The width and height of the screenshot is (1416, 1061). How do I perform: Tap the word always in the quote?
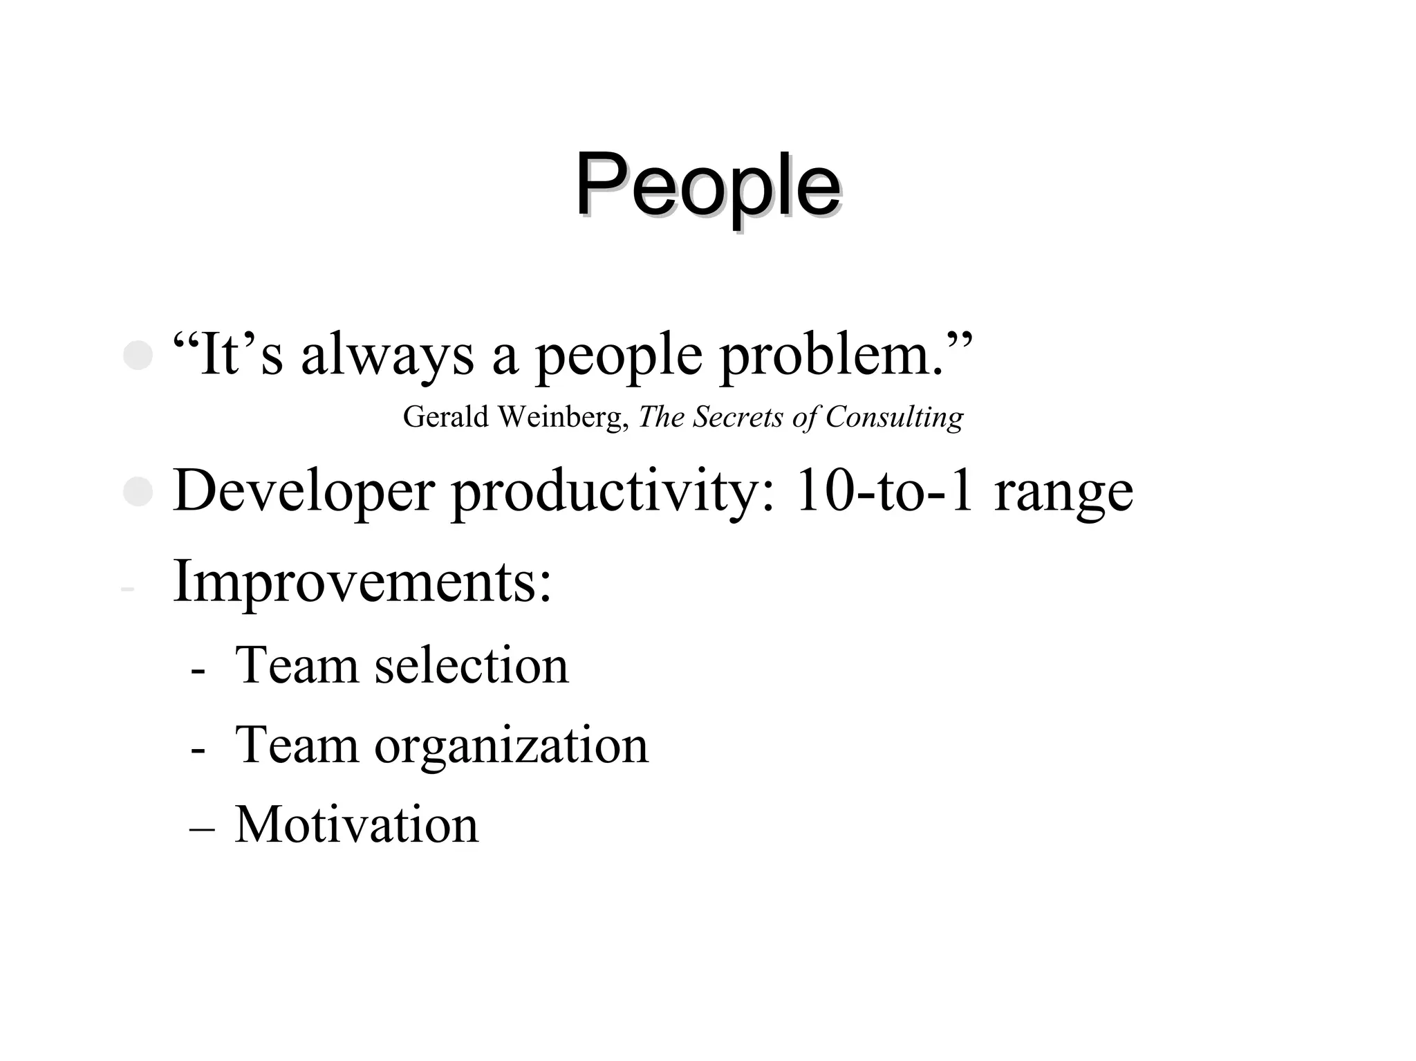coord(387,356)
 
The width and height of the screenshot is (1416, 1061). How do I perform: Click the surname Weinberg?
coord(562,417)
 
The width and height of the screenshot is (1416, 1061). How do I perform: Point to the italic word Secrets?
coord(738,417)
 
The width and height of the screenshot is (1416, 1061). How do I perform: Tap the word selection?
coord(472,665)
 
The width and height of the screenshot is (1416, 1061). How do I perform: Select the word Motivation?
coord(357,824)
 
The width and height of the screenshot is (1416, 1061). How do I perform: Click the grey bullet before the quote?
coord(138,356)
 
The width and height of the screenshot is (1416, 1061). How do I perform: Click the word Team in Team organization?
coord(297,745)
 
